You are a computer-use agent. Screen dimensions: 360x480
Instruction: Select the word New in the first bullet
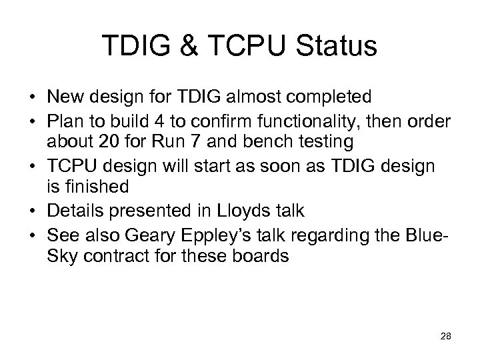64,97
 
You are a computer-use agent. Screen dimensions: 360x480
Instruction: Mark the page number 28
445,337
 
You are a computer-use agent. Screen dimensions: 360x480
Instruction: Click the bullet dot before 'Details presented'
33,211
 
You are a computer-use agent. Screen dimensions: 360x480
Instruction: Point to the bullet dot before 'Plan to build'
33,121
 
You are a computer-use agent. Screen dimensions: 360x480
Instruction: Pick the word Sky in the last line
63,257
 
